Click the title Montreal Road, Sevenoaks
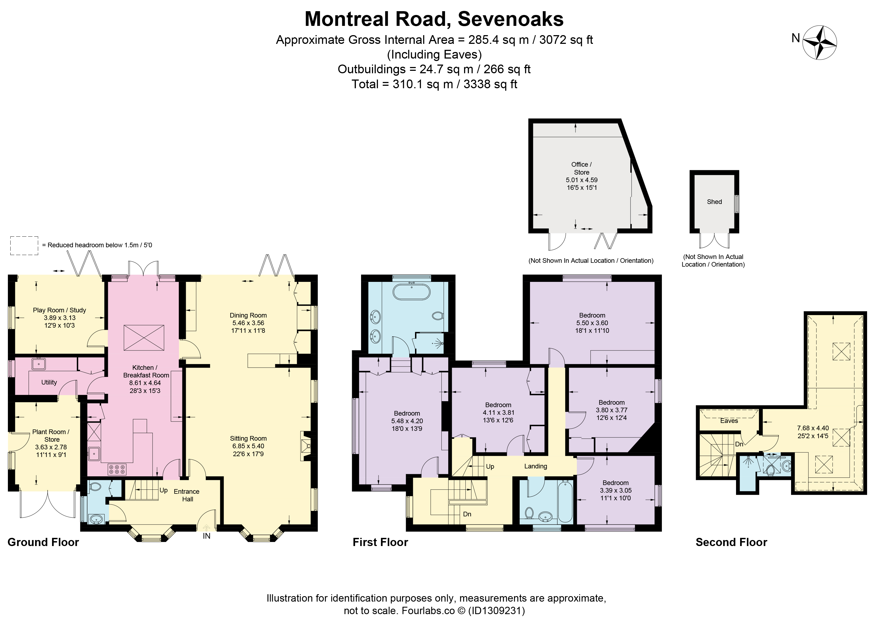(x=434, y=19)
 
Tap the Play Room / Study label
(x=59, y=310)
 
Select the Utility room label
(x=49, y=382)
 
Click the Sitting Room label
(x=248, y=438)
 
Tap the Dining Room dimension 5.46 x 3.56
(x=248, y=323)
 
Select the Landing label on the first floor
(x=536, y=466)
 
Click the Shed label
(x=714, y=202)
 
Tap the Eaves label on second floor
(x=729, y=421)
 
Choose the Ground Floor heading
(x=43, y=542)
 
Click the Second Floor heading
(x=731, y=542)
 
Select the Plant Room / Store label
(x=51, y=436)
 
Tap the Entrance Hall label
(x=187, y=495)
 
